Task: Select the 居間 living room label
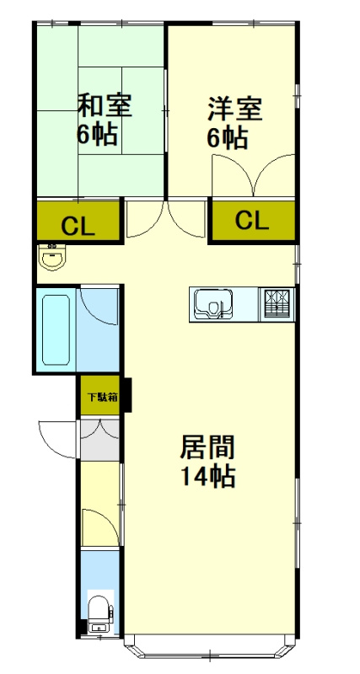coord(207,446)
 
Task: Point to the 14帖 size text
coord(207,477)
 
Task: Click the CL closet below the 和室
coord(78,224)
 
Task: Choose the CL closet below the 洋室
coord(251,221)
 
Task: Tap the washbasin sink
coord(53,257)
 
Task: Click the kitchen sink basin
coord(213,303)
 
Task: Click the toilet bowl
coord(98,610)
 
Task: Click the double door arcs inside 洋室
coord(253,177)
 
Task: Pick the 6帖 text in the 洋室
coord(228,137)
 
